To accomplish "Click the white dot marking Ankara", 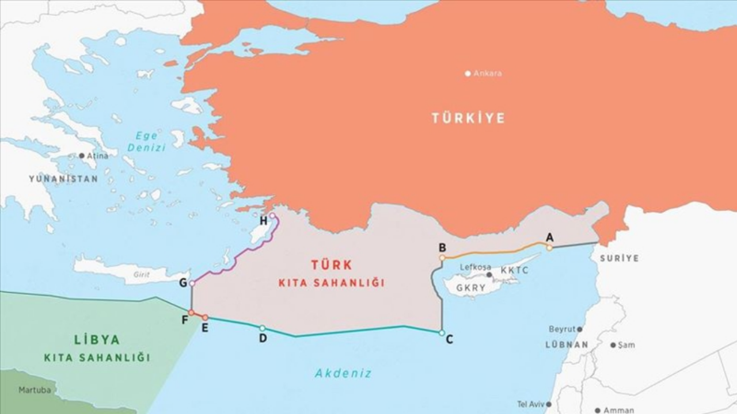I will pos(468,74).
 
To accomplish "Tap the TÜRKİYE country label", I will pos(468,118).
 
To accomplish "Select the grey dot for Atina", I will pos(82,156).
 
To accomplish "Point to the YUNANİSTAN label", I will pos(63,179).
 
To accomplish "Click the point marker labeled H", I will pos(272,216).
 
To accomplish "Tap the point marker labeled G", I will pos(192,283).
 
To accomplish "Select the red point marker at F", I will pos(191,313).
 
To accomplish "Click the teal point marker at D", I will pos(263,328).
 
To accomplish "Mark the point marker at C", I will pos(442,333).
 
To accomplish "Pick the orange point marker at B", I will pos(442,258).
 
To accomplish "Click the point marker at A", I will pos(549,248).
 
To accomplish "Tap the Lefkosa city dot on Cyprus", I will pos(489,275).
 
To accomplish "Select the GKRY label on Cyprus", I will pos(470,288).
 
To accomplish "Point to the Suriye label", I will pos(619,258).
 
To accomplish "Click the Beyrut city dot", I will pos(579,329).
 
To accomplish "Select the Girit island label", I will pos(142,275).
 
